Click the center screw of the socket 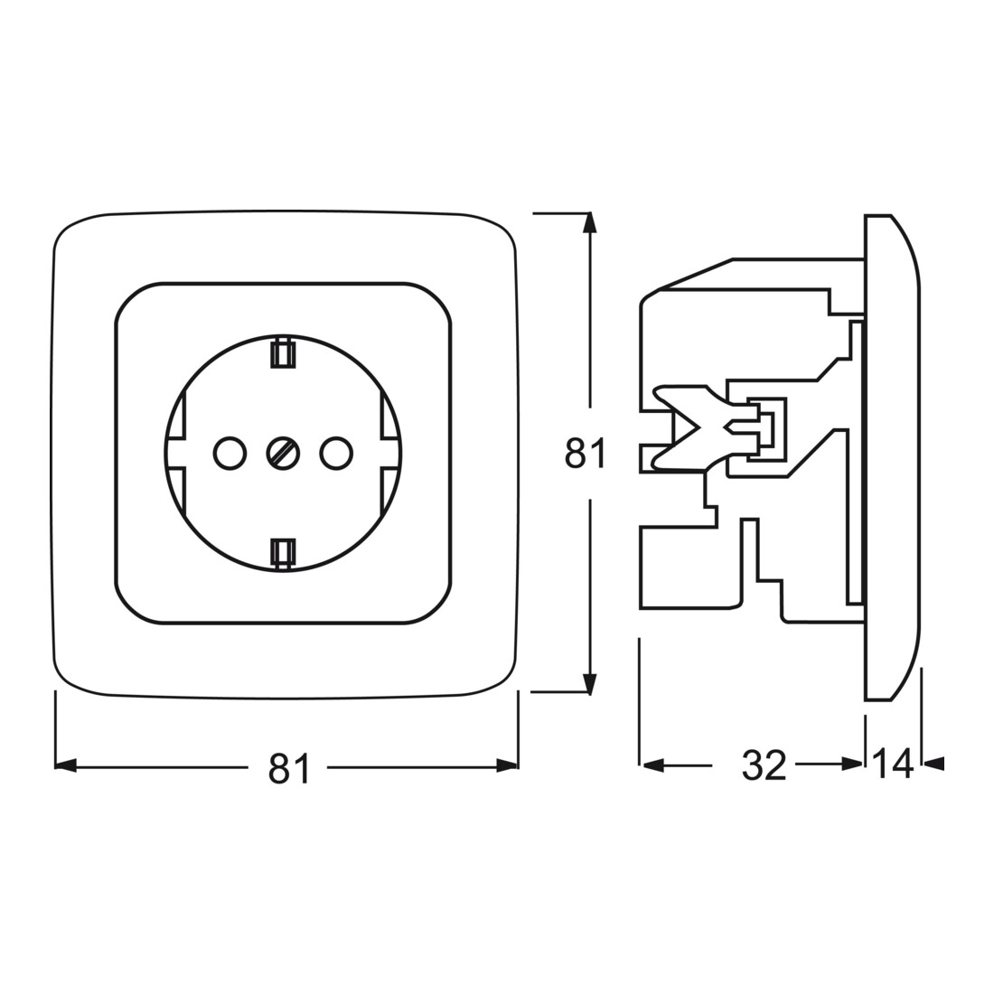284,454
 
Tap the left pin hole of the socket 230,454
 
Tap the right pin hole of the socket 336,454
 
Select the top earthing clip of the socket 283,353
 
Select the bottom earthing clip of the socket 283,551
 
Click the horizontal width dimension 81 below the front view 289,768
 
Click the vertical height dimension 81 586,454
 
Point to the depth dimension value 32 764,764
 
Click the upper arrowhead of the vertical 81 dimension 591,224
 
